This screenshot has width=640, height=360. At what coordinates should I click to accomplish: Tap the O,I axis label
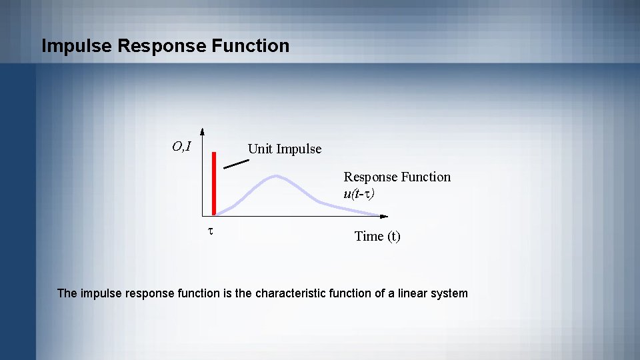pos(181,147)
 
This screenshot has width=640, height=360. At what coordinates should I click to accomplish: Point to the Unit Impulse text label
pos(284,149)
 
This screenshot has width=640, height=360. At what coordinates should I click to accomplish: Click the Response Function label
pos(397,177)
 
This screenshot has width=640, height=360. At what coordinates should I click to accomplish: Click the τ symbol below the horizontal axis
pos(210,231)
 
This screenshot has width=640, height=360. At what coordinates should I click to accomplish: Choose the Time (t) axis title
pos(377,236)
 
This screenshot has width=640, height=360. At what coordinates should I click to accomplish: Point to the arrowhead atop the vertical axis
pos(202,131)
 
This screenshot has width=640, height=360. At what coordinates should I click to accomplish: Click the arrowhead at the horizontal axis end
pos(383,216)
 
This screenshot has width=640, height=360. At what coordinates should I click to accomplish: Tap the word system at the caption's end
pos(451,293)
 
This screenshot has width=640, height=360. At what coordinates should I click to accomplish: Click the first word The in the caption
pos(67,293)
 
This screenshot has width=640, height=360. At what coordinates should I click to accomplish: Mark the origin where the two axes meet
pos(203,216)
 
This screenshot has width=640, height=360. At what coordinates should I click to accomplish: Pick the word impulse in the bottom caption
pos(100,293)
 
